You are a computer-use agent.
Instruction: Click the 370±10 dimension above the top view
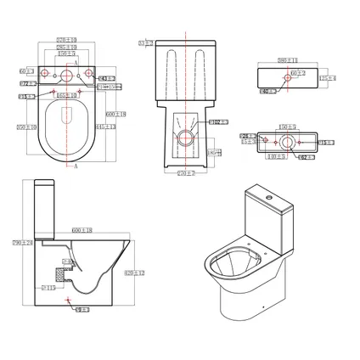[67, 39]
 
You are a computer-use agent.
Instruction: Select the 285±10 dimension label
[67, 47]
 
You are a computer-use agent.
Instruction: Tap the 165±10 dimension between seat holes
[67, 96]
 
